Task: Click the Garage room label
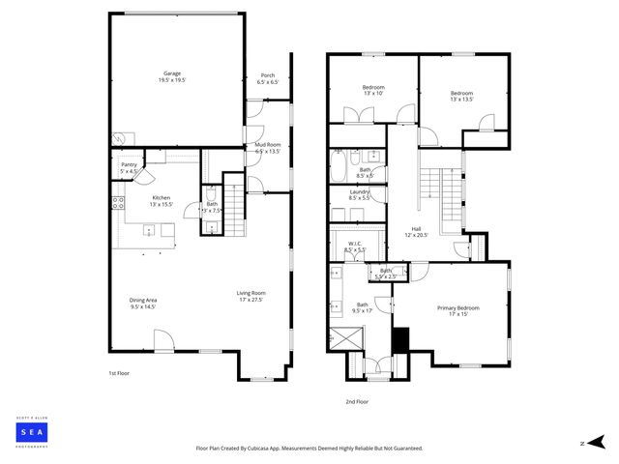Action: [x=172, y=73]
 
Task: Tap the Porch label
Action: [x=267, y=75]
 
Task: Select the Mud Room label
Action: [x=267, y=144]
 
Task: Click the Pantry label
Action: [x=129, y=164]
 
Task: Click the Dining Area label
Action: [x=143, y=300]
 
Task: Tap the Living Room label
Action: [x=251, y=293]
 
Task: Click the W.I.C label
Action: [x=355, y=244]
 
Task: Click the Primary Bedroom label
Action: [x=457, y=307]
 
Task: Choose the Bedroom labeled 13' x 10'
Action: [x=372, y=88]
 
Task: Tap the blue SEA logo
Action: [x=33, y=431]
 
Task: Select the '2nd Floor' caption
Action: [x=358, y=401]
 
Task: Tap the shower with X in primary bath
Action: [x=343, y=340]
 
